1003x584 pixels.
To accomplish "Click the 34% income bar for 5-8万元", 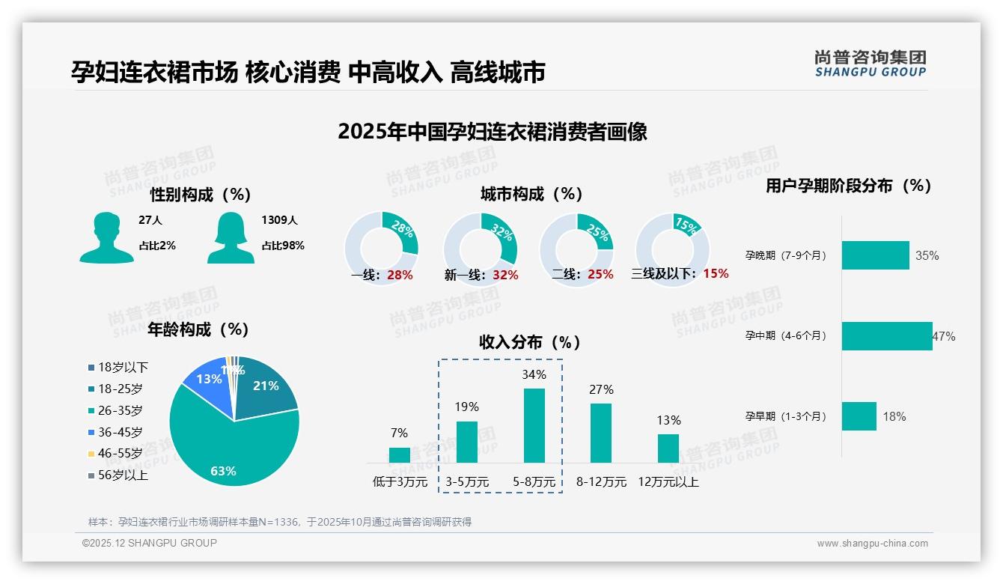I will tap(534, 425).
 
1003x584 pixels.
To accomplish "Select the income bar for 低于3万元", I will tap(399, 455).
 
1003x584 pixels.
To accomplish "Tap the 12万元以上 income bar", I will tap(668, 448).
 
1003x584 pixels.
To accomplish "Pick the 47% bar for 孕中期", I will tap(887, 336).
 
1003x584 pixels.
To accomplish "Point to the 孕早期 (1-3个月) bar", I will tap(859, 416).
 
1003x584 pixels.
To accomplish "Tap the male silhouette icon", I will tap(106, 237).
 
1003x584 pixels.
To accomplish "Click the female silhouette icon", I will tap(231, 237).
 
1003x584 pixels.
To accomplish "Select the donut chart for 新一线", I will tap(480, 249).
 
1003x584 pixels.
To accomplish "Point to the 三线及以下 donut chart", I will tap(671, 249).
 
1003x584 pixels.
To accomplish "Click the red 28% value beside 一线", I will tap(400, 275).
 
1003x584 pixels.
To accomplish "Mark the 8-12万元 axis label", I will tap(601, 482).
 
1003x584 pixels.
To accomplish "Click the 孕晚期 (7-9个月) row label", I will tap(786, 255).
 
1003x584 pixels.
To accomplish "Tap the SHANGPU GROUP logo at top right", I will tap(870, 64).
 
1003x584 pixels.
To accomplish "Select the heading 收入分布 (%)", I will tap(530, 342).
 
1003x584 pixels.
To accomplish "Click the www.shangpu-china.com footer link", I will tap(872, 544).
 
